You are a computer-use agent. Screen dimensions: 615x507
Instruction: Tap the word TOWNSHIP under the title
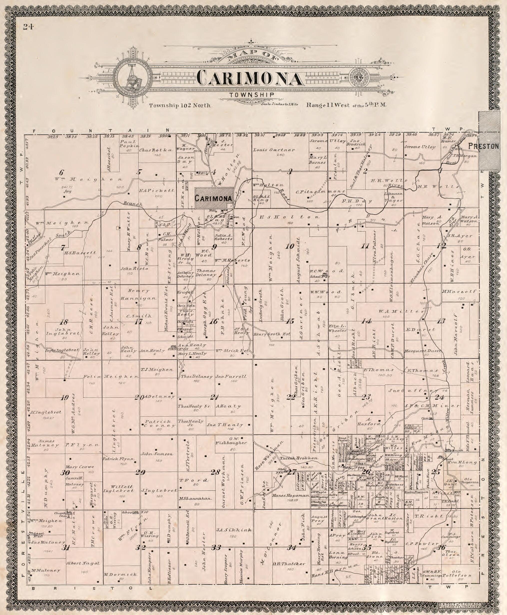click(x=251, y=95)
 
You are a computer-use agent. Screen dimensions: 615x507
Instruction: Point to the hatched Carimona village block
click(x=214, y=198)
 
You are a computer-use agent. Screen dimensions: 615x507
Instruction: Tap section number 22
click(x=290, y=397)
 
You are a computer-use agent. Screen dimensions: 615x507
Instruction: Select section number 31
click(x=66, y=548)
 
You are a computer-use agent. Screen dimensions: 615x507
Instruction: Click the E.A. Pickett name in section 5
click(x=157, y=190)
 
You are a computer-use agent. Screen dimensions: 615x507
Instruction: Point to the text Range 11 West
click(x=327, y=105)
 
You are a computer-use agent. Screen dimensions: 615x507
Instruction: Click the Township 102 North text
click(x=180, y=105)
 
